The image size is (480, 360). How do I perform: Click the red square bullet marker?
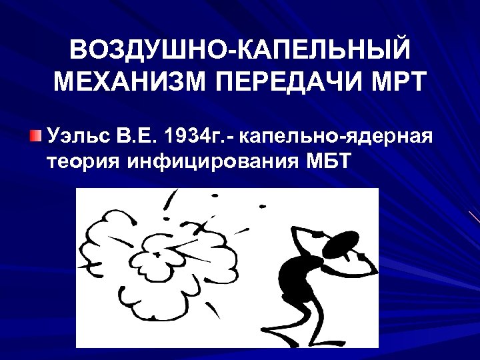click(35, 137)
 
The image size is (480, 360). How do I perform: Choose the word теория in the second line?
click(78, 161)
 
